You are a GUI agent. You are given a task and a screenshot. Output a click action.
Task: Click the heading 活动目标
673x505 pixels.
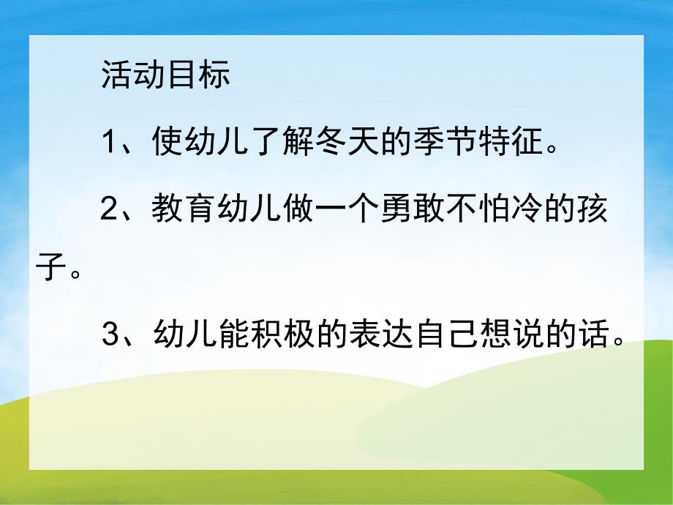click(166, 76)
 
